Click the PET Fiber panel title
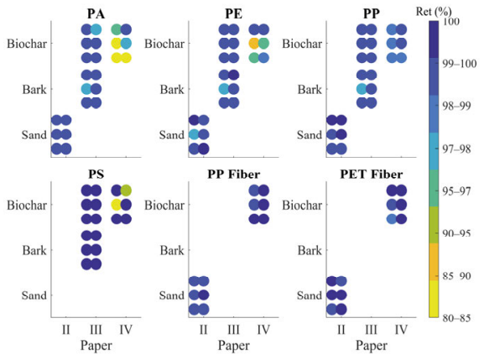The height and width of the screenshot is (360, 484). click(x=372, y=175)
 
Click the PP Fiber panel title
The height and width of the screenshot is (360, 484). click(x=234, y=175)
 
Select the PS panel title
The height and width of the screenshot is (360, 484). click(x=96, y=175)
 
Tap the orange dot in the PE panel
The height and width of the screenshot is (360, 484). click(x=254, y=44)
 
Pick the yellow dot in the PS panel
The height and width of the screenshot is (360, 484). click(x=117, y=205)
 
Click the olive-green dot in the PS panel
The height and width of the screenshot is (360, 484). click(x=126, y=190)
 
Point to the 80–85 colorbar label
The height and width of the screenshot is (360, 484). click(x=456, y=318)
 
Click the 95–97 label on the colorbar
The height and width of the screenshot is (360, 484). click(x=456, y=191)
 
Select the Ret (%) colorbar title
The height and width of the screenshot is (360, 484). click(x=434, y=13)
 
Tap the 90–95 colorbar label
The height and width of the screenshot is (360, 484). click(x=456, y=233)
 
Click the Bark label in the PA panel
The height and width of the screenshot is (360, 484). click(x=34, y=90)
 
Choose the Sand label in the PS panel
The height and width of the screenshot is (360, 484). click(x=34, y=295)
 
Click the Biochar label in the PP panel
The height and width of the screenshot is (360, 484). click(x=302, y=44)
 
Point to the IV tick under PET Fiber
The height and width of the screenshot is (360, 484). click(x=401, y=330)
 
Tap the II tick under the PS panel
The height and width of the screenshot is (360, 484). click(x=65, y=330)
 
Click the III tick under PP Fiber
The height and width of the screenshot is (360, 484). click(x=233, y=330)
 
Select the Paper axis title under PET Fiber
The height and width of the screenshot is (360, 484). click(x=372, y=346)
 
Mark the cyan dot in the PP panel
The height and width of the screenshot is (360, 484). click(x=362, y=89)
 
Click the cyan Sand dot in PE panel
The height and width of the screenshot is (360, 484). click(x=194, y=134)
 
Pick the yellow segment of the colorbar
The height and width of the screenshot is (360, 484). click(x=434, y=299)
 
